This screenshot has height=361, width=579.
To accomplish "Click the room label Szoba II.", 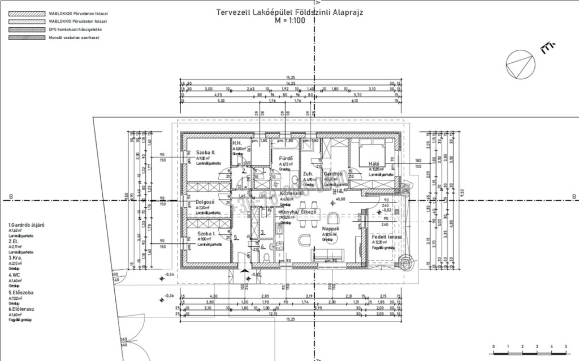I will click(206, 153).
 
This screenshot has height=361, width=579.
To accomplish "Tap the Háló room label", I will click(377, 163).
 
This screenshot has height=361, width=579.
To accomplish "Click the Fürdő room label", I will click(286, 158).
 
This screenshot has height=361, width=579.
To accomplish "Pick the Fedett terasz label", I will click(387, 237).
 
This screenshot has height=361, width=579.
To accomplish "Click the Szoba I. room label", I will click(207, 233).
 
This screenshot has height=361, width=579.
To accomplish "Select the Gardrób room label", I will click(334, 174).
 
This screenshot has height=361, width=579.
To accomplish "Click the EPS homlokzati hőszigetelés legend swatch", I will click(24, 28).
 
